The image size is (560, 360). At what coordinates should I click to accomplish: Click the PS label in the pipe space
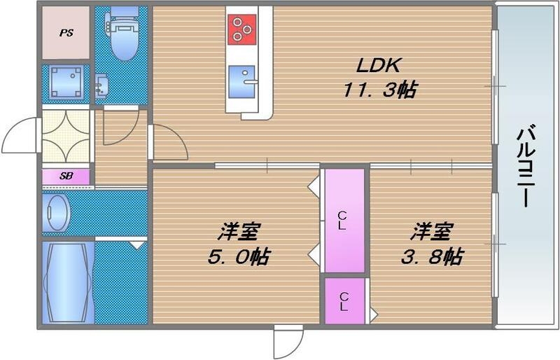coord(65,32)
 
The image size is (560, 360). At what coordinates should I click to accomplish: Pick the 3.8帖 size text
coord(430,256)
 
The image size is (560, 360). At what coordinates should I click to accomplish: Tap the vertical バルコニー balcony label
coord(528,166)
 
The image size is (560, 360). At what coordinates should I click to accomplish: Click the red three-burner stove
coord(242,29)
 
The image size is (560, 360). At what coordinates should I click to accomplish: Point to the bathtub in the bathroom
coord(66,280)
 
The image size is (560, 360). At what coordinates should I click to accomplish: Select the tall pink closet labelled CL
coord(343,220)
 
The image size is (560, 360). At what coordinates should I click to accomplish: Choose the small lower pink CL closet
coord(343,301)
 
